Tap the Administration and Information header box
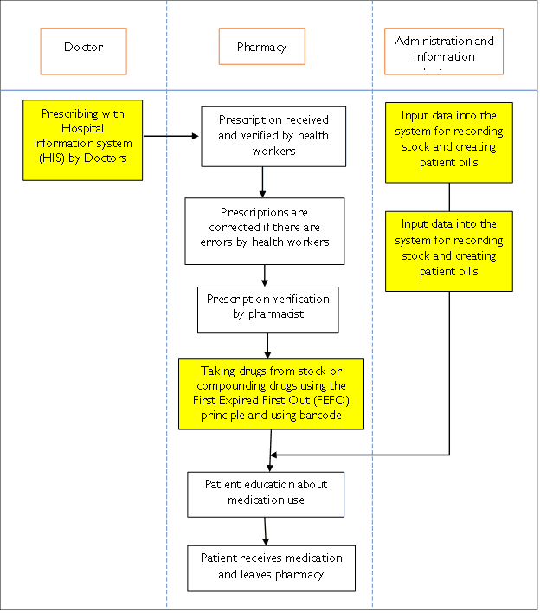pos(444,51)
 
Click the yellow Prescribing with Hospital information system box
pos(83,139)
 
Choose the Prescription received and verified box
pos(273,136)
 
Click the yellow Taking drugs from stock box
pos(272,394)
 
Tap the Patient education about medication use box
pos(267,494)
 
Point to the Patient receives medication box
pos(272,567)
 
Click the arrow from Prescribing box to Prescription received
pos(171,136)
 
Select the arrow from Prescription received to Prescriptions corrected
pos(262,182)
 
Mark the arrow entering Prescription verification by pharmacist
pos(264,276)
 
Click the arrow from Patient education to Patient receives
pos(266,531)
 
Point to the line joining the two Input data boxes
pos(449,197)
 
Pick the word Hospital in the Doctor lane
pos(83,128)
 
